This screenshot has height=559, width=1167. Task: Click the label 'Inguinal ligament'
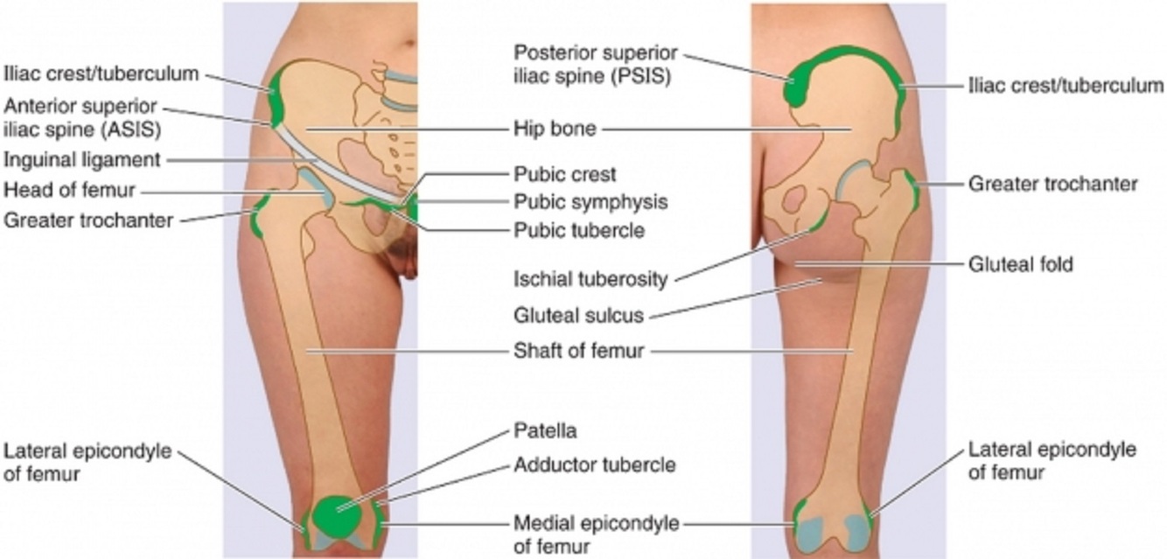click(x=82, y=161)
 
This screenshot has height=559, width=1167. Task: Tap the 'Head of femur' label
click(x=70, y=190)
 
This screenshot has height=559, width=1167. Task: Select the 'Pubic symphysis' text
click(x=590, y=202)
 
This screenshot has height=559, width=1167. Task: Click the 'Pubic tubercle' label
click(x=579, y=230)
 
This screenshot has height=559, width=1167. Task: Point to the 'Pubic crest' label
click(x=565, y=174)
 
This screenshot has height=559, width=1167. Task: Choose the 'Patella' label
click(x=544, y=431)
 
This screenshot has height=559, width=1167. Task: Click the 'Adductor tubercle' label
click(x=594, y=465)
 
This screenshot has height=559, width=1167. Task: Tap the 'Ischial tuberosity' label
click(x=590, y=280)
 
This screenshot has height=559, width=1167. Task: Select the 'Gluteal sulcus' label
click(x=578, y=315)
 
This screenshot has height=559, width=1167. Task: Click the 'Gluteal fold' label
click(x=1020, y=263)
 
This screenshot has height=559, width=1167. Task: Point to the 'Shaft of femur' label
click(x=577, y=351)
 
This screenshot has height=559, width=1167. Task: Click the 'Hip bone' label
click(x=555, y=129)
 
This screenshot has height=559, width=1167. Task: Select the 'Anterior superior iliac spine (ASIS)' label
click(x=80, y=117)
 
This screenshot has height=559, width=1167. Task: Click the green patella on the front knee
click(x=339, y=517)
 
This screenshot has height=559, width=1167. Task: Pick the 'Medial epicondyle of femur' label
click(x=595, y=535)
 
